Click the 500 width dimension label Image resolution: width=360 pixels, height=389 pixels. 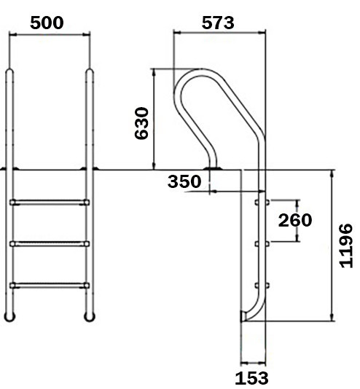(x=47, y=22)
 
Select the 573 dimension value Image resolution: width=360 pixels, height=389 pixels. (x=218, y=22)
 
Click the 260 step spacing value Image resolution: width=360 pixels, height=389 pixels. (x=295, y=220)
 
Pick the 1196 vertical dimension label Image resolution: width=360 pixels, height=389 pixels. (x=346, y=245)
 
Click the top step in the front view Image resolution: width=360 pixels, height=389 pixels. (x=50, y=201)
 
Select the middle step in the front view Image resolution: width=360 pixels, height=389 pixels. (x=50, y=243)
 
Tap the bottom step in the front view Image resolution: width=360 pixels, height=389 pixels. (x=50, y=284)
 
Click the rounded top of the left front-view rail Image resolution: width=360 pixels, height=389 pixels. (x=9, y=73)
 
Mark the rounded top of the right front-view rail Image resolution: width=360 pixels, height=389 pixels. (x=90, y=73)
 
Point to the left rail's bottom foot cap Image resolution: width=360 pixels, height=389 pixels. (x=9, y=316)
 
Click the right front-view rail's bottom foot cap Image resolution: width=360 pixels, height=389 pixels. (x=90, y=316)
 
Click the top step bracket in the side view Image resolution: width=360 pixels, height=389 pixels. (x=261, y=201)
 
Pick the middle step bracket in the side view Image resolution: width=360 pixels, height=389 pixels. (x=261, y=243)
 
